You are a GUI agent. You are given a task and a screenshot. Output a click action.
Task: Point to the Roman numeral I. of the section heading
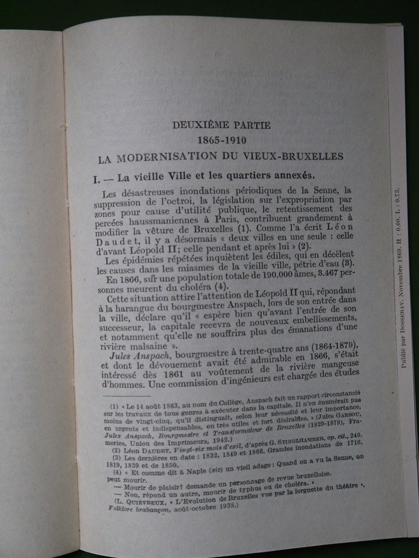[x=97, y=180]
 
